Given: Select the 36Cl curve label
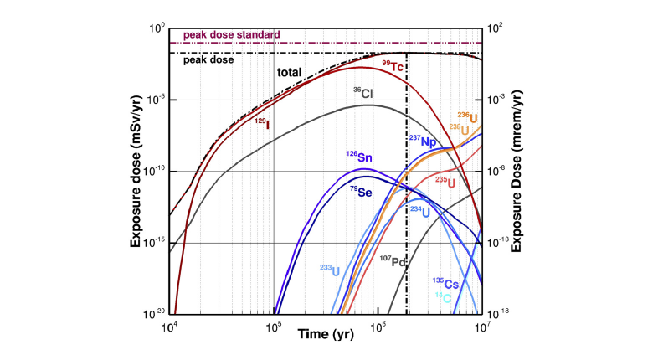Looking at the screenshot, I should click(361, 92).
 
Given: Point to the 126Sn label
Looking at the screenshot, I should click(359, 156).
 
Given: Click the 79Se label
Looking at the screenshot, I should click(361, 192).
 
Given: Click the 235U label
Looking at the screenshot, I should click(445, 181).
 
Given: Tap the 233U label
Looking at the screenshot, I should click(332, 270).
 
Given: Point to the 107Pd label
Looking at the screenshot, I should click(393, 261).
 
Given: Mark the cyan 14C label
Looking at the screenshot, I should click(450, 297).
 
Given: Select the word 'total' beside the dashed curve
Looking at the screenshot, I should click(289, 72).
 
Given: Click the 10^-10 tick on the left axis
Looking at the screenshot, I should click(152, 172).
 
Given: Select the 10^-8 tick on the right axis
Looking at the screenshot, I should click(500, 172).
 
